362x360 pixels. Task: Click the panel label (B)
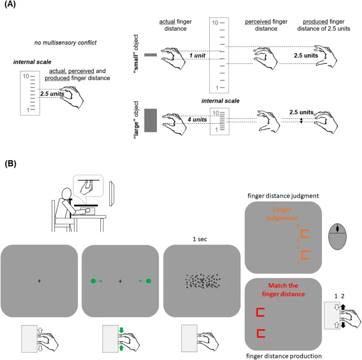[11, 164]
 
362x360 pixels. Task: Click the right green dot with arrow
[148, 281]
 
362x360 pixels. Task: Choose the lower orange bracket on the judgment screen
[305, 256]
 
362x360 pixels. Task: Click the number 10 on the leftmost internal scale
[25, 77]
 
